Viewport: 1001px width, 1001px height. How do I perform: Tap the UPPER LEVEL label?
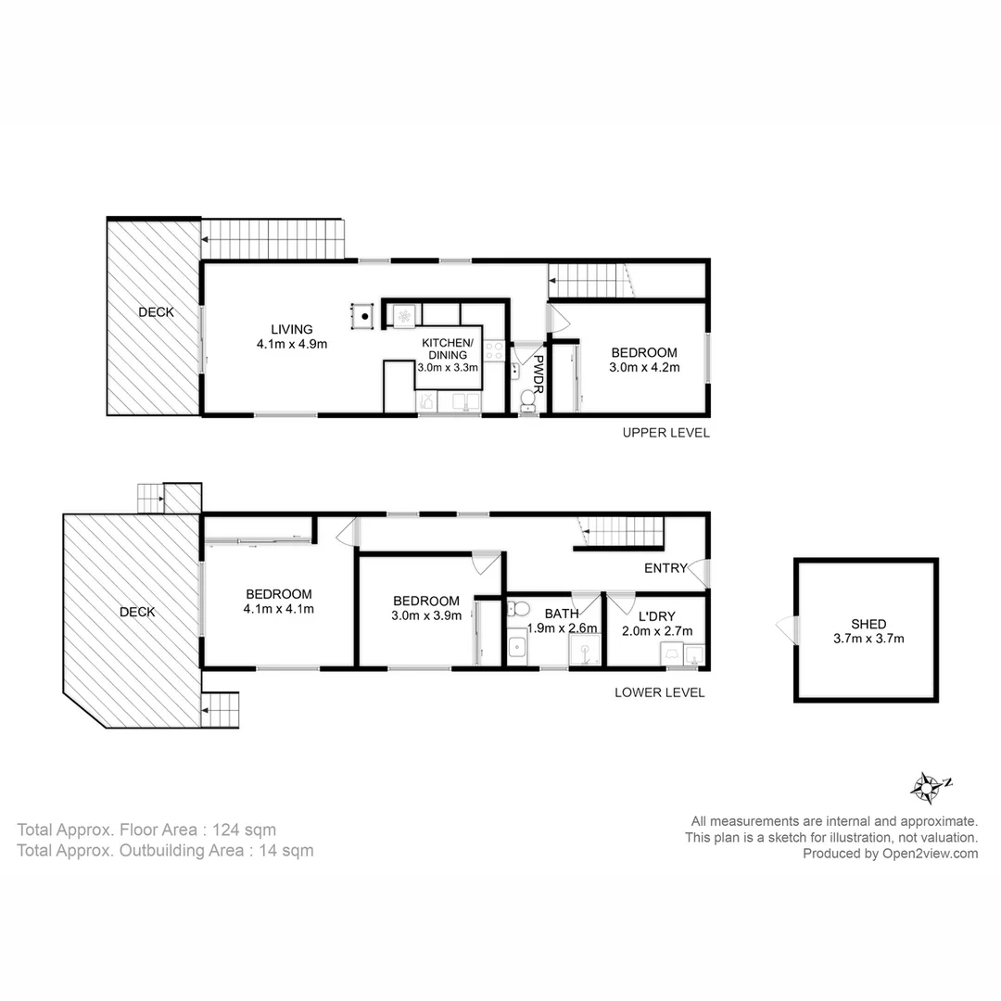pyautogui.click(x=665, y=433)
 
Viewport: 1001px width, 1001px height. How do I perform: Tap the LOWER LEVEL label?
pyautogui.click(x=660, y=692)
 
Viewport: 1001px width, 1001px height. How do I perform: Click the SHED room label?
pyautogui.click(x=868, y=624)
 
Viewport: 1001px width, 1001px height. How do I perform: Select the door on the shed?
pyautogui.click(x=787, y=630)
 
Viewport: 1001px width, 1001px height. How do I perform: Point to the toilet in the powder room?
pyautogui.click(x=528, y=399)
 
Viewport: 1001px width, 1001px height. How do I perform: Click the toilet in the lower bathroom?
pyautogui.click(x=519, y=609)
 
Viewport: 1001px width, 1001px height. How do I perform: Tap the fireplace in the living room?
pyautogui.click(x=365, y=315)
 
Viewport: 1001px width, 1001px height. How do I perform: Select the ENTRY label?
pyautogui.click(x=665, y=568)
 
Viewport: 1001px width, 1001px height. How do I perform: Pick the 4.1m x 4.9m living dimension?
pyautogui.click(x=292, y=344)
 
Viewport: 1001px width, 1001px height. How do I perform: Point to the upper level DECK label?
pyautogui.click(x=156, y=312)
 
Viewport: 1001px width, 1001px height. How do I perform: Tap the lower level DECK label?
pyautogui.click(x=137, y=612)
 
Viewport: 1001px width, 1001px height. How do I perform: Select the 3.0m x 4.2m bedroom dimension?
pyautogui.click(x=644, y=367)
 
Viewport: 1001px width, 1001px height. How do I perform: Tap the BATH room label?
pyautogui.click(x=562, y=613)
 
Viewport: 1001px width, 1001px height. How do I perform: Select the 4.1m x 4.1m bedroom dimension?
pyautogui.click(x=278, y=609)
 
